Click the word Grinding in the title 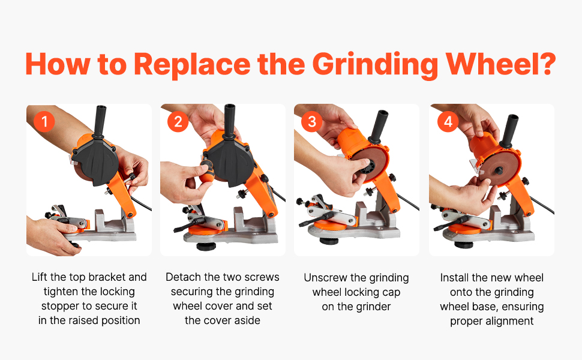375,65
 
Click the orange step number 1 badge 44,121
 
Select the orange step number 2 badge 178,121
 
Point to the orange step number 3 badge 312,121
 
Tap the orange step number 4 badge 448,121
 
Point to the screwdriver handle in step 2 206,171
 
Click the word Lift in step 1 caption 40,277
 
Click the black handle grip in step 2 230,120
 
